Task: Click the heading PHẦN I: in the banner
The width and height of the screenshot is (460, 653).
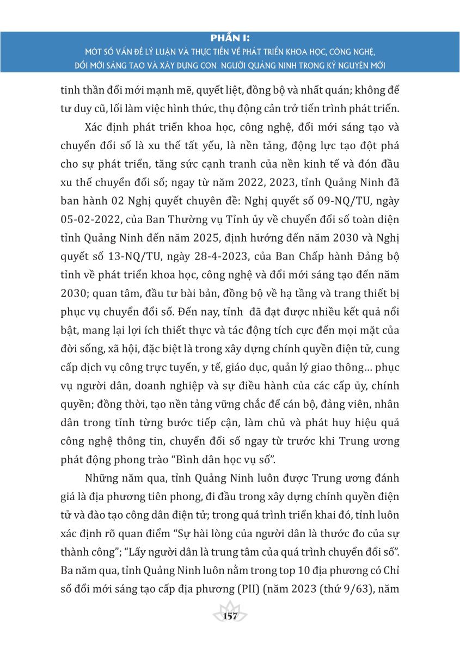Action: click(x=230, y=37)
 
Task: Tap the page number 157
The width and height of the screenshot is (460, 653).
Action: click(x=230, y=616)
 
